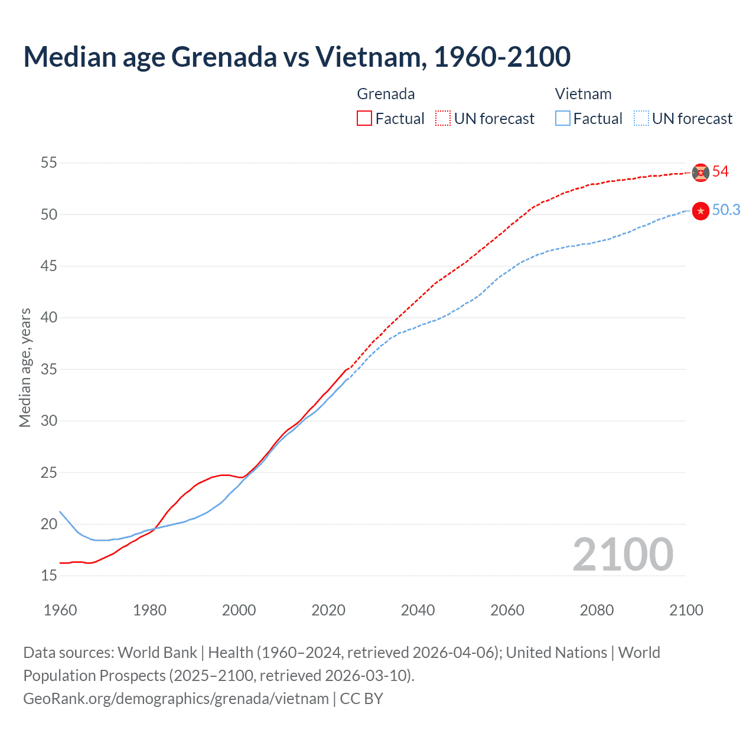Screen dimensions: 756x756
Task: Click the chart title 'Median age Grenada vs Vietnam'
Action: pyautogui.click(x=296, y=57)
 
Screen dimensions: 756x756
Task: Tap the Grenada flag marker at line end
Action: pyautogui.click(x=700, y=172)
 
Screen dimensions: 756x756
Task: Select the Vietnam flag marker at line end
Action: pyautogui.click(x=700, y=211)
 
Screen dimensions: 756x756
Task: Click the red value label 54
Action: pyautogui.click(x=721, y=172)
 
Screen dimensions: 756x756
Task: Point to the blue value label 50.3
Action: pyautogui.click(x=726, y=210)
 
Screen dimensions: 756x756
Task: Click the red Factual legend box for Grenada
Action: pyautogui.click(x=364, y=119)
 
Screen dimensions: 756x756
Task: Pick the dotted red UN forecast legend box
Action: pyautogui.click(x=443, y=119)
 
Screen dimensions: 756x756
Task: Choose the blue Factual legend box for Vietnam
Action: pyautogui.click(x=563, y=119)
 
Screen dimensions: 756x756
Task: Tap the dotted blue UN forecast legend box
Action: pyautogui.click(x=641, y=119)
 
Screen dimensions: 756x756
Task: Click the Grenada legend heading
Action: pyautogui.click(x=386, y=94)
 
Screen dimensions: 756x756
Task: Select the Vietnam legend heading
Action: pyautogui.click(x=583, y=94)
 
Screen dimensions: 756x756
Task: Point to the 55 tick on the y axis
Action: pyautogui.click(x=49, y=162)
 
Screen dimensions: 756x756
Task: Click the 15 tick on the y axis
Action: pyautogui.click(x=49, y=575)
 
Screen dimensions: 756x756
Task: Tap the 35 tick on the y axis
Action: pyautogui.click(x=49, y=369)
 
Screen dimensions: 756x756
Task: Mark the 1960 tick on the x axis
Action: pyautogui.click(x=60, y=610)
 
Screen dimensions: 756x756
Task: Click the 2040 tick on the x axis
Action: pyautogui.click(x=418, y=610)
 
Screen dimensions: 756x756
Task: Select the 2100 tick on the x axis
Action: pyautogui.click(x=686, y=610)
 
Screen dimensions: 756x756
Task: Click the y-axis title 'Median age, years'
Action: pyautogui.click(x=25, y=367)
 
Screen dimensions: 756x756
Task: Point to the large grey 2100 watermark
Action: pyautogui.click(x=623, y=555)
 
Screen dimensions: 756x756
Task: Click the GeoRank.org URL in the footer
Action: pyautogui.click(x=176, y=699)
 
